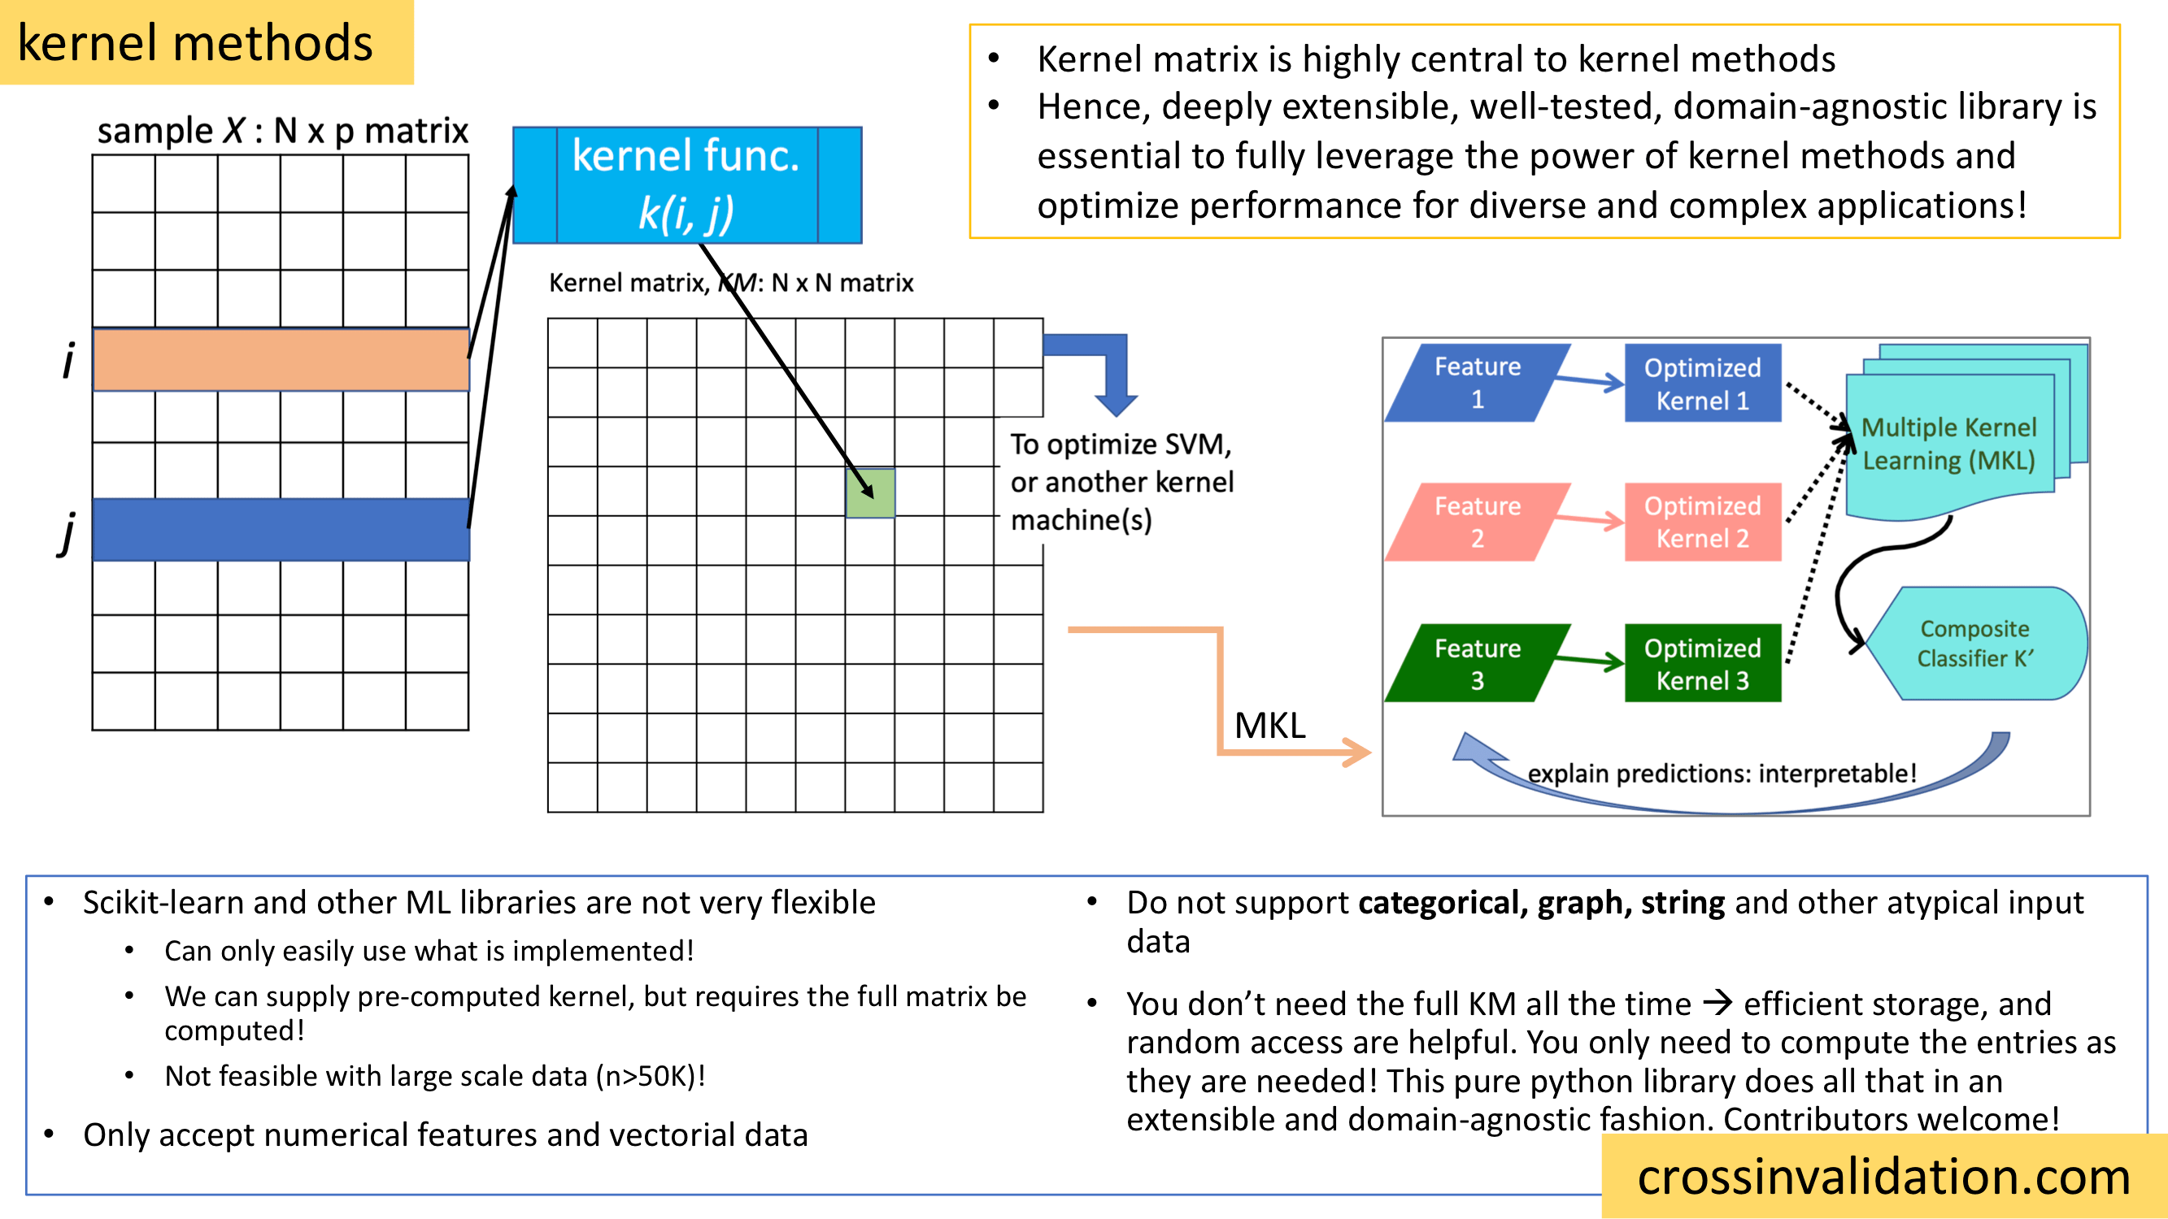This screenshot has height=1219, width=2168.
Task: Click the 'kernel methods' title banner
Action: click(195, 43)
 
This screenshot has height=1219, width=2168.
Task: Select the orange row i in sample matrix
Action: click(281, 359)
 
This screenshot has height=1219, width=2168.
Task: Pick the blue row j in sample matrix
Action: click(281, 529)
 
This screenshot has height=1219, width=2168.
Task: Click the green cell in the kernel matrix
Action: click(870, 493)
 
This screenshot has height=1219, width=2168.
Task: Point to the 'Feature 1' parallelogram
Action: click(1477, 383)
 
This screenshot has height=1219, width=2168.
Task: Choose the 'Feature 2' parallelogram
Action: click(1477, 522)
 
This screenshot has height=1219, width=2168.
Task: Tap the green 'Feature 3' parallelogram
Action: click(1477, 663)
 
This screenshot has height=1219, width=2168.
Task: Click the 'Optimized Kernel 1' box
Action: click(1703, 383)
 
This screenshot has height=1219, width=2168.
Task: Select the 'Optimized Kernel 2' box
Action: click(1703, 522)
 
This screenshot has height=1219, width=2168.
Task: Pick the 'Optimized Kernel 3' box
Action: click(1703, 663)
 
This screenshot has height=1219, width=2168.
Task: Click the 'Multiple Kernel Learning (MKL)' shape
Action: click(1949, 445)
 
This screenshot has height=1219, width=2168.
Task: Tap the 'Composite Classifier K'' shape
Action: click(1974, 644)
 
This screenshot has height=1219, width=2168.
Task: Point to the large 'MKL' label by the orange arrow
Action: click(1270, 725)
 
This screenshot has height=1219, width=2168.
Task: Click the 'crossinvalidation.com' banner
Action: click(1883, 1176)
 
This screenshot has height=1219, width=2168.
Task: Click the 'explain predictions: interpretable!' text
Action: click(1722, 773)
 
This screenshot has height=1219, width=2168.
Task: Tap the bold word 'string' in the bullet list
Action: click(1683, 903)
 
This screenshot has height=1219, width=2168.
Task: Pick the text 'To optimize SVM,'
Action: click(1121, 444)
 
